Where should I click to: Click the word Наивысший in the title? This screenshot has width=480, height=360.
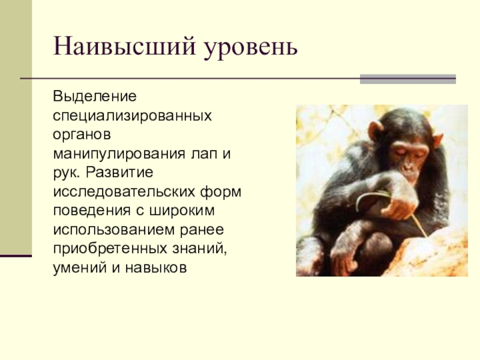point(124,46)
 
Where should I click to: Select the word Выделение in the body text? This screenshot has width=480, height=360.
point(95,97)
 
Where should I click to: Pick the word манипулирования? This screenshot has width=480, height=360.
point(119,154)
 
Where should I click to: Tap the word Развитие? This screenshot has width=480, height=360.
point(119,172)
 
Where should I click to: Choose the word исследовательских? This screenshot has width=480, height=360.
point(124,192)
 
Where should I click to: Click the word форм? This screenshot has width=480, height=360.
point(221,192)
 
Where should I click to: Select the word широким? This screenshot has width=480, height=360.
point(182,211)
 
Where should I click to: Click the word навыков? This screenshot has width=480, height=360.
point(156,268)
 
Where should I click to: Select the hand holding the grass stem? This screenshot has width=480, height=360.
point(398,206)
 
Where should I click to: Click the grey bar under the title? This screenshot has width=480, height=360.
point(408,79)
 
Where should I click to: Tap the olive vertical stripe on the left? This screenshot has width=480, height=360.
point(16,127)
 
